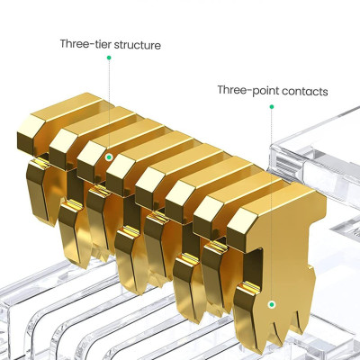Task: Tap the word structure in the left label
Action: click(138, 45)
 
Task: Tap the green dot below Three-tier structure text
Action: click(109, 58)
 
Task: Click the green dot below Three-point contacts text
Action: click(272, 106)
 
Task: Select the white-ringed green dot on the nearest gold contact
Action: click(272, 304)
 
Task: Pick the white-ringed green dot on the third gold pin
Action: click(110, 157)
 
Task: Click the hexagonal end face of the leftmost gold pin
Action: click(28, 134)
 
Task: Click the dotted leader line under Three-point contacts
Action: click(272, 205)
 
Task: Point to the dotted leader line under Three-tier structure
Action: click(109, 106)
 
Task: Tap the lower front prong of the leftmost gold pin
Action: click(39, 192)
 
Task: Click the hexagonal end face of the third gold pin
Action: click(89, 159)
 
